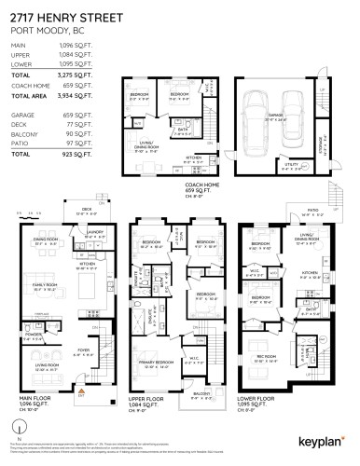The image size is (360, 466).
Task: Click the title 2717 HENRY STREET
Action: [58, 15]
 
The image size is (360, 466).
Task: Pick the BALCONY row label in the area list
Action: [22, 130]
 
